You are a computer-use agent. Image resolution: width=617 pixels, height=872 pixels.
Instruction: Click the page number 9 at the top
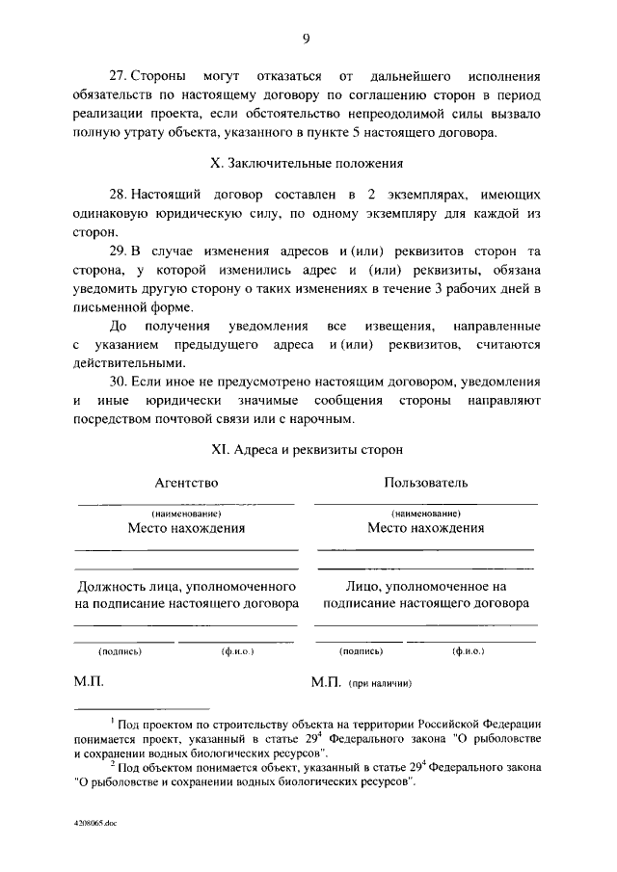(306, 39)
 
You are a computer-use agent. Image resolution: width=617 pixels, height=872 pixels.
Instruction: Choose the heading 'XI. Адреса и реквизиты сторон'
(306, 448)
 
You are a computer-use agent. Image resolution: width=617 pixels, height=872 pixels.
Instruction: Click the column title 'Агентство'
(186, 482)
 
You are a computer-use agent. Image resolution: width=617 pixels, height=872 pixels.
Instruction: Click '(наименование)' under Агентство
(186, 514)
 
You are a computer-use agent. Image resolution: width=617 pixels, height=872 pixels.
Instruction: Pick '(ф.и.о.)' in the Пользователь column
(468, 651)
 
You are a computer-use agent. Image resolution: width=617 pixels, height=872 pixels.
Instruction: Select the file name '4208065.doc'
(94, 826)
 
